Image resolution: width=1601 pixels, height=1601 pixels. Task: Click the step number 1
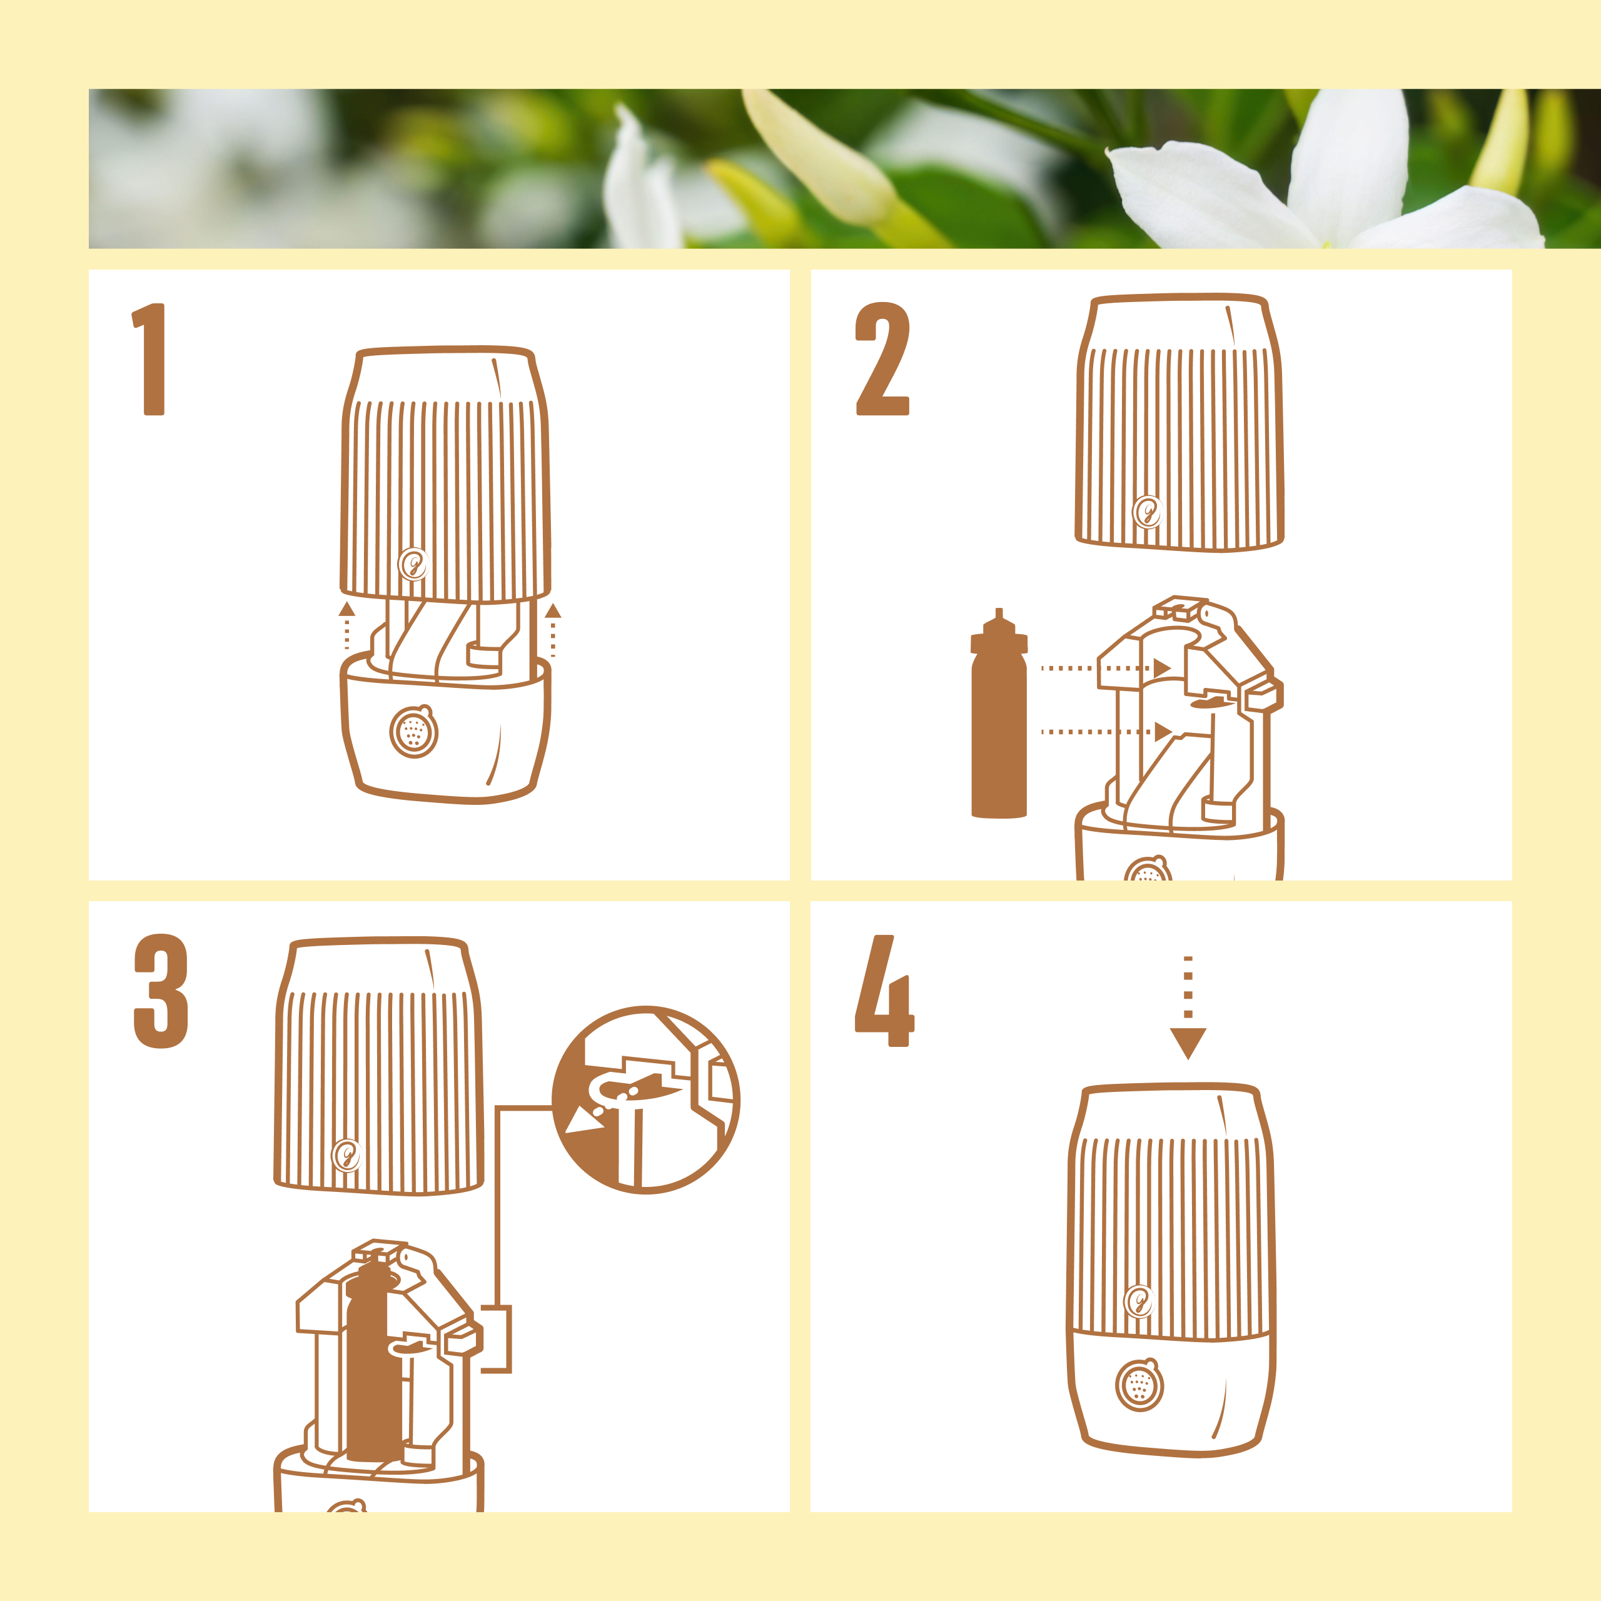pyautogui.click(x=149, y=359)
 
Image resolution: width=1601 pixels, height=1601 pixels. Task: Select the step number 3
pyautogui.click(x=161, y=991)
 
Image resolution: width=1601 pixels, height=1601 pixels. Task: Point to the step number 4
pyautogui.click(x=884, y=991)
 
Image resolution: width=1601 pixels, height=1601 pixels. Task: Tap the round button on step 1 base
pyautogui.click(x=413, y=731)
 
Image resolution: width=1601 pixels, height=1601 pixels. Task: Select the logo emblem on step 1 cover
pyautogui.click(x=413, y=564)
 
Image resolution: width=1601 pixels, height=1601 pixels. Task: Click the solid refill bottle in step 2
pyautogui.click(x=999, y=714)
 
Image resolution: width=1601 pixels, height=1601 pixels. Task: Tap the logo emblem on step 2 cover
pyautogui.click(x=1148, y=512)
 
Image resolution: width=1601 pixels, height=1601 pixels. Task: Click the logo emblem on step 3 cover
pyautogui.click(x=346, y=1155)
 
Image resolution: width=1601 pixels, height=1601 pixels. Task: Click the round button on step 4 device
pyautogui.click(x=1139, y=1384)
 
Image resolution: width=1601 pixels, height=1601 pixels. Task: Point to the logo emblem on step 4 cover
pyautogui.click(x=1139, y=1301)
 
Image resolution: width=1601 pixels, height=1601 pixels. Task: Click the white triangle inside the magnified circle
pyautogui.click(x=586, y=1122)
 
